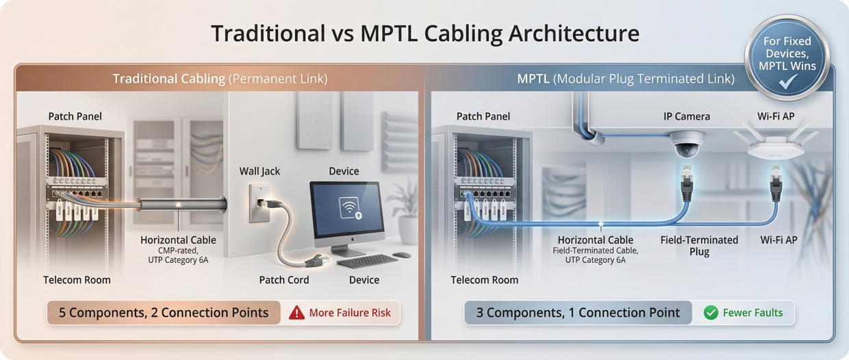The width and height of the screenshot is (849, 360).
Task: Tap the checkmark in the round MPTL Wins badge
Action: click(x=788, y=82)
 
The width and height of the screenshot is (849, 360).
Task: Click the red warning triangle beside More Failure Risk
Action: click(x=296, y=313)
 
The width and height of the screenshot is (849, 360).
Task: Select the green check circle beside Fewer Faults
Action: click(x=711, y=313)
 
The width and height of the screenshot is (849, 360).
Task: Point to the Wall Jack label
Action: click(x=259, y=171)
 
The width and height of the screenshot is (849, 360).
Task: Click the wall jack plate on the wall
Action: click(x=259, y=203)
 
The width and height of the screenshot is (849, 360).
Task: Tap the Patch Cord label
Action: click(x=283, y=279)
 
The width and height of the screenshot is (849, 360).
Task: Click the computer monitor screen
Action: click(x=345, y=209)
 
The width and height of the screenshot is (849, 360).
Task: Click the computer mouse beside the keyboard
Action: click(x=402, y=255)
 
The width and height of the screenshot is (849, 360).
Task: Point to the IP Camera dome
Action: click(x=686, y=144)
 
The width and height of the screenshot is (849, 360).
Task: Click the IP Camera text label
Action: click(x=686, y=116)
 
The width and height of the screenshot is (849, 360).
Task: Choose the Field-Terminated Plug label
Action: click(x=699, y=246)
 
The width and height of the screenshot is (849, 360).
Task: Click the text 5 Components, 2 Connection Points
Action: click(x=164, y=313)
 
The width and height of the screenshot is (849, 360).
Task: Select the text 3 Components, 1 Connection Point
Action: click(x=578, y=313)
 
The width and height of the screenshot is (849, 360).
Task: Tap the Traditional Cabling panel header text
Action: click(x=220, y=79)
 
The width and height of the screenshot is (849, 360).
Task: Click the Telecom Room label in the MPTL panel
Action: click(x=484, y=279)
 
